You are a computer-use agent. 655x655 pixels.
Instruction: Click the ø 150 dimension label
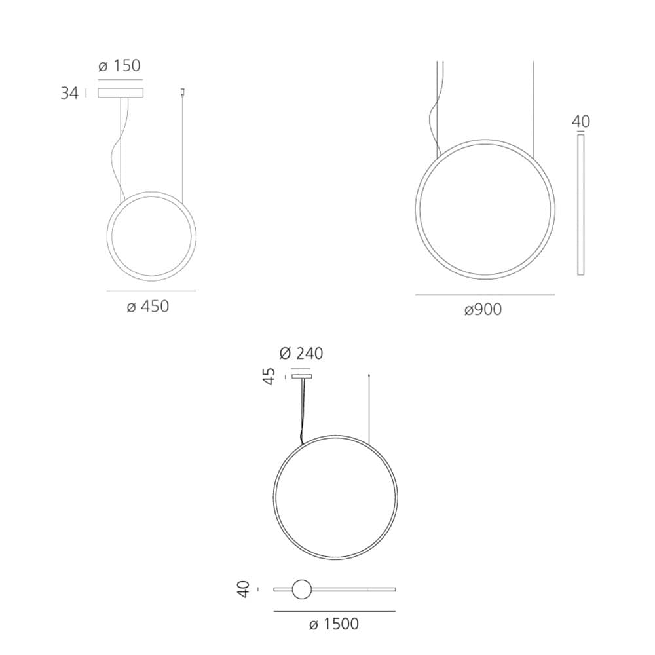(119, 66)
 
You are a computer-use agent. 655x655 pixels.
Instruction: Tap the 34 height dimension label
(69, 94)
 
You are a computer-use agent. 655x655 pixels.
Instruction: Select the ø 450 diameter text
(147, 307)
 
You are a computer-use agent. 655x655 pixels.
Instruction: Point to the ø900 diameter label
(483, 310)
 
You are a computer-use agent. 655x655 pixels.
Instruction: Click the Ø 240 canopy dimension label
(301, 354)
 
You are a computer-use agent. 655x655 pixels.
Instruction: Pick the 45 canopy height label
(269, 376)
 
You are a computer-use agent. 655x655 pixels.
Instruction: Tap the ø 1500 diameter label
(333, 624)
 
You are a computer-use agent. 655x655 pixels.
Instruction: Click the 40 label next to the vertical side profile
(580, 122)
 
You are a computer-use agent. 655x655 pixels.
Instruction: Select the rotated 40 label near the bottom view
(243, 589)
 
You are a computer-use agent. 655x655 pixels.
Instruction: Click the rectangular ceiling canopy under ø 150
(121, 93)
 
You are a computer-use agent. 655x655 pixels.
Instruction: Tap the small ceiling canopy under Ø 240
(302, 376)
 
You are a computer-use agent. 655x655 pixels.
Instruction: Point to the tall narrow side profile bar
(580, 204)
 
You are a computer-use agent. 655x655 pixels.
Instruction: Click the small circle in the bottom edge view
(302, 589)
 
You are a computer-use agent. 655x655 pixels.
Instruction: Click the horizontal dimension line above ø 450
(151, 291)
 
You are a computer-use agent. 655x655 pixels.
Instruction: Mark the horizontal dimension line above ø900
(485, 295)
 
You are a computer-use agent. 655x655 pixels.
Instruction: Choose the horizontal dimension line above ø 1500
(334, 611)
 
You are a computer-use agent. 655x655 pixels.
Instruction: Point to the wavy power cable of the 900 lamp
(434, 118)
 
